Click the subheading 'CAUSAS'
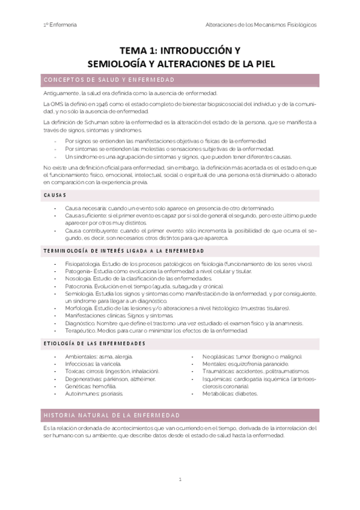point(55,195)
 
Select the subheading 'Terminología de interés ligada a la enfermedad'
point(126,250)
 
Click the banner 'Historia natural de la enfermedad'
point(111,416)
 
